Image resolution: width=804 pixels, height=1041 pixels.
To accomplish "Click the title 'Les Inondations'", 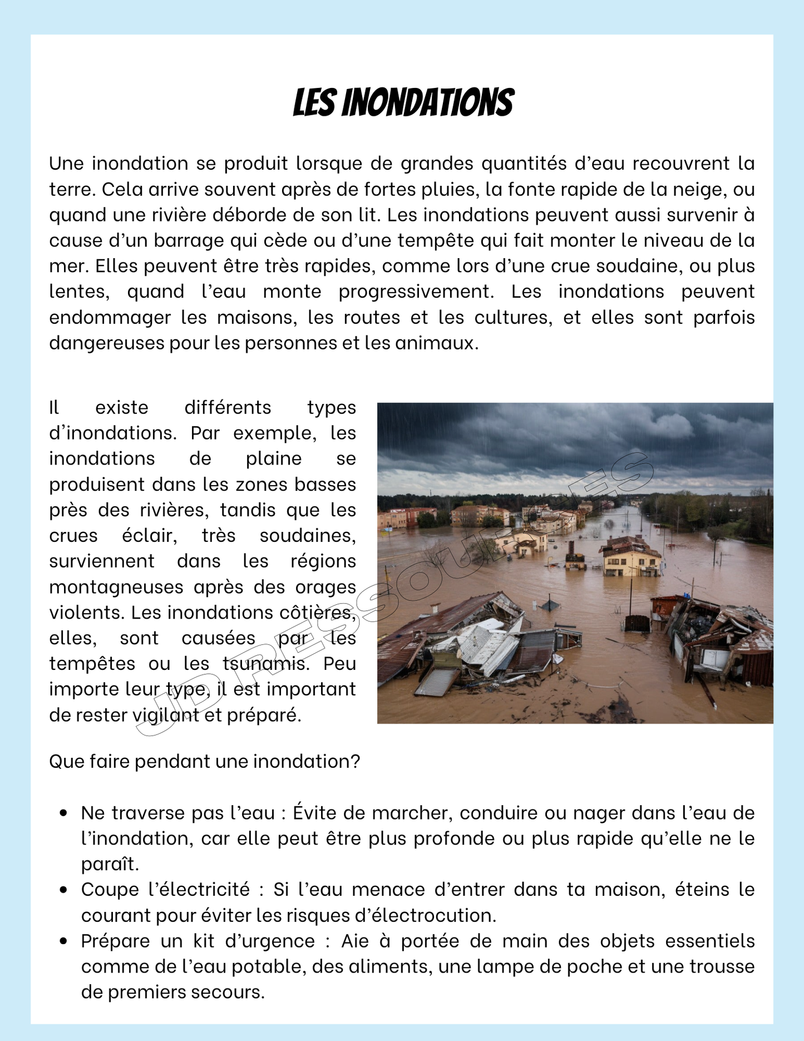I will click(403, 103).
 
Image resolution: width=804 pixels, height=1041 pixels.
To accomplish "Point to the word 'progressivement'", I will click(416, 292).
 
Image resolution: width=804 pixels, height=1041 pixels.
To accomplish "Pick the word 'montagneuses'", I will click(116, 587).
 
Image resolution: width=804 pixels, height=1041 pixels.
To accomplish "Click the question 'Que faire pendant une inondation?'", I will click(205, 761).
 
